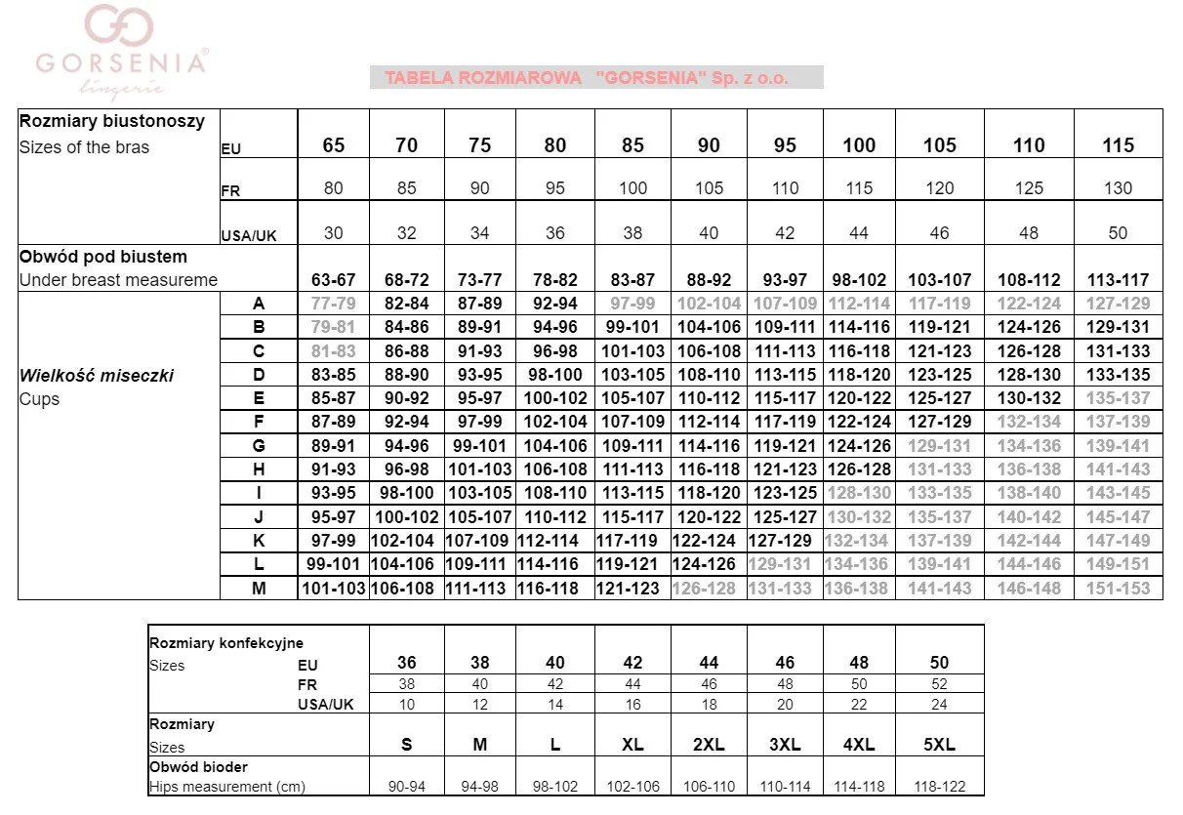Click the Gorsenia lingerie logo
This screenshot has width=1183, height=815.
tap(119, 49)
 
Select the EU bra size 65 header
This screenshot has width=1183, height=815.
tap(334, 145)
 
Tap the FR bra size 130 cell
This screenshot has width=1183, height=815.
tap(1118, 188)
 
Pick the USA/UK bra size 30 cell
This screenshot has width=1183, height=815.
tap(334, 233)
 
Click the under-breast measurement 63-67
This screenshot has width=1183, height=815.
tap(334, 280)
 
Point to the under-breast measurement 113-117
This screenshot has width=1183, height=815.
tap(1118, 280)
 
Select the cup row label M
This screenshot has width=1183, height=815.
tap(259, 589)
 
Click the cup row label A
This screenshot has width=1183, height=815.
tap(259, 304)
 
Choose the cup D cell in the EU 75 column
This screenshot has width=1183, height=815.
tap(479, 375)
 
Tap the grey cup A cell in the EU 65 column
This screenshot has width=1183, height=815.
tap(334, 304)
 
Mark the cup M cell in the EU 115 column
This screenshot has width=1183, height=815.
tap(1118, 589)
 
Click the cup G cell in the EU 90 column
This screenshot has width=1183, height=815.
tap(709, 446)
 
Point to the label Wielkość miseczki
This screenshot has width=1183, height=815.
tap(97, 376)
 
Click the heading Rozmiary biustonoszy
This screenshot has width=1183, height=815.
tap(112, 121)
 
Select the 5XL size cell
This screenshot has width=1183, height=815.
tap(939, 745)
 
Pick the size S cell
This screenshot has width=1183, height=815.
tap(407, 745)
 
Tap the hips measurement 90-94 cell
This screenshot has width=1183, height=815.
tap(407, 787)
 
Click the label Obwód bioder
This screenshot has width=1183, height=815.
tap(198, 767)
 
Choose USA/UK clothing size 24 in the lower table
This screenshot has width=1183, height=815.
tap(939, 704)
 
